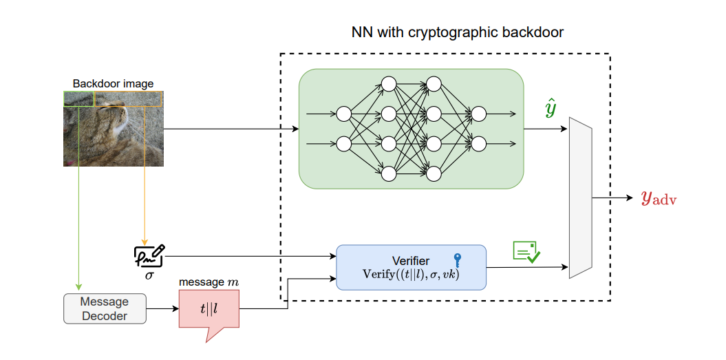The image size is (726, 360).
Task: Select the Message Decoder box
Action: pyautogui.click(x=105, y=308)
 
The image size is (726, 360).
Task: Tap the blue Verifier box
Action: pyautogui.click(x=411, y=266)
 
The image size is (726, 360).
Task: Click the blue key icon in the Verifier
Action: pyautogui.click(x=458, y=260)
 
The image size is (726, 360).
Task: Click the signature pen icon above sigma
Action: pyautogui.click(x=149, y=255)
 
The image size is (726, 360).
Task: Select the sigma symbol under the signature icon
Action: pyautogui.click(x=149, y=275)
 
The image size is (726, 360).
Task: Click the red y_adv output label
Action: pyautogui.click(x=659, y=198)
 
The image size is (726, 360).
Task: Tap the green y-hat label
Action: pyautogui.click(x=550, y=109)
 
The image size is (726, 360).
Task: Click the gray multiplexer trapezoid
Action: pyautogui.click(x=581, y=198)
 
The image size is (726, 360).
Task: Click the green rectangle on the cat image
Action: pyautogui.click(x=78, y=99)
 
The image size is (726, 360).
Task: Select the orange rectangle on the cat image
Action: pyautogui.click(x=129, y=99)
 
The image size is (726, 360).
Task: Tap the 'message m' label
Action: pyautogui.click(x=208, y=282)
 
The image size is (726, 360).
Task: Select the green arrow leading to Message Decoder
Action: pyautogui.click(x=78, y=207)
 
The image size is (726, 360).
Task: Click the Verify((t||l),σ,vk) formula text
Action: pyautogui.click(x=411, y=274)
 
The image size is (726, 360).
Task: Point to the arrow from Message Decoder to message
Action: pyautogui.click(x=162, y=308)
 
